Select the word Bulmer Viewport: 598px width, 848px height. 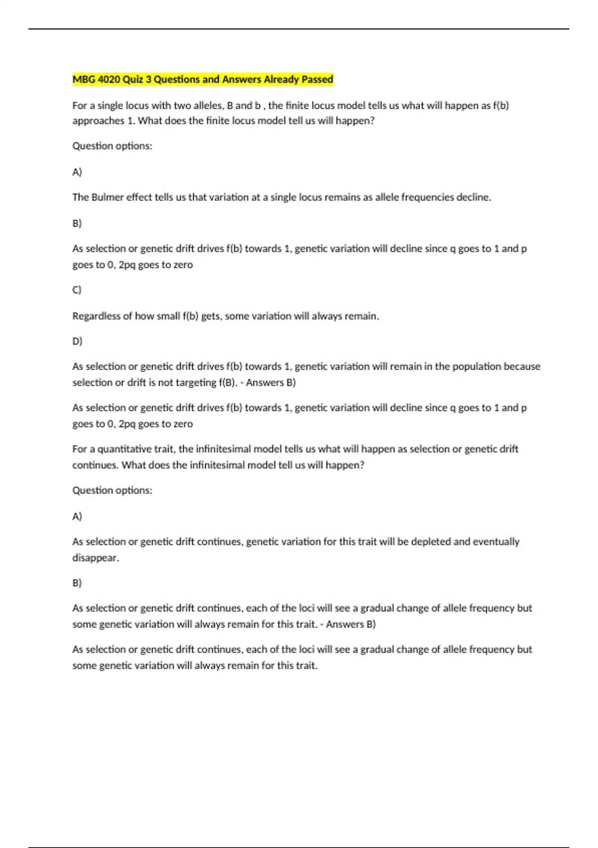pyautogui.click(x=107, y=197)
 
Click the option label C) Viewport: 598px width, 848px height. pyautogui.click(x=77, y=290)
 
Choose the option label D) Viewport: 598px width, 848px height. pyautogui.click(x=77, y=341)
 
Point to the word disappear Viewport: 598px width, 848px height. pyautogui.click(x=96, y=558)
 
